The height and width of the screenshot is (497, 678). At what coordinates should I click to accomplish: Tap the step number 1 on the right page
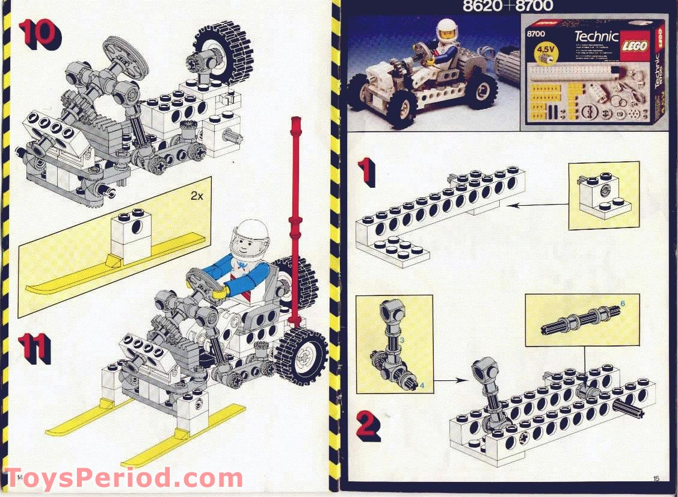coord(367,172)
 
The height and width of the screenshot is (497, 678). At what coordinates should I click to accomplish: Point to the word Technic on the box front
coord(596,37)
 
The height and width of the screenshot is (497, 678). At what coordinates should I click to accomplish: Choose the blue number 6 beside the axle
coord(622,304)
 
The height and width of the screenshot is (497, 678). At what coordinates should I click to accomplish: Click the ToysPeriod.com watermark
coord(123,479)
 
